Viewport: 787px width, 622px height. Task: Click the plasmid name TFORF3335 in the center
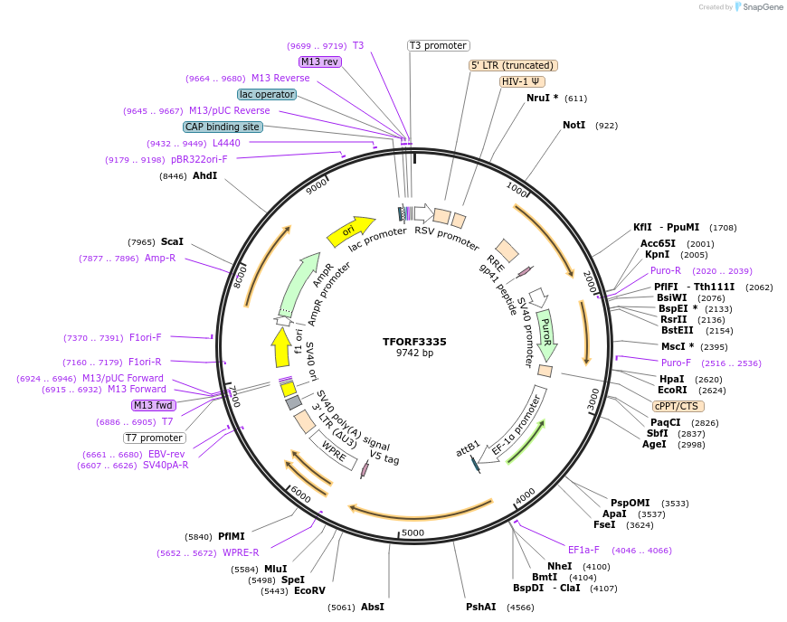(415, 342)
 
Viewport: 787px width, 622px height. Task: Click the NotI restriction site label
(574, 126)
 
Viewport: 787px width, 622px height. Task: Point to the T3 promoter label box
(438, 45)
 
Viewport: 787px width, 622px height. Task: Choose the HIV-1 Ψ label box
(523, 81)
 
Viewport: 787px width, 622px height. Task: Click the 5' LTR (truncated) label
(513, 65)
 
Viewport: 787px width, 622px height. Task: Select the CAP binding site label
(223, 127)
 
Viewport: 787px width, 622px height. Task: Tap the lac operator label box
(267, 94)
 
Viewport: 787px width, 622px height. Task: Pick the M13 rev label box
(319, 61)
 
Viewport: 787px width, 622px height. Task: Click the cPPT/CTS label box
(676, 406)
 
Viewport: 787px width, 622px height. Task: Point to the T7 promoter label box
(155, 438)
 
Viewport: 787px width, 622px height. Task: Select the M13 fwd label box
(153, 405)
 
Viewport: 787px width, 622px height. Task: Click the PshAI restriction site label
(481, 607)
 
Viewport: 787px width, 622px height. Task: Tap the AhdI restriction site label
(204, 175)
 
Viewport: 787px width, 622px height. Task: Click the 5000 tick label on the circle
(412, 532)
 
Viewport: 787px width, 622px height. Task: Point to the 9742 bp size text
(415, 353)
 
